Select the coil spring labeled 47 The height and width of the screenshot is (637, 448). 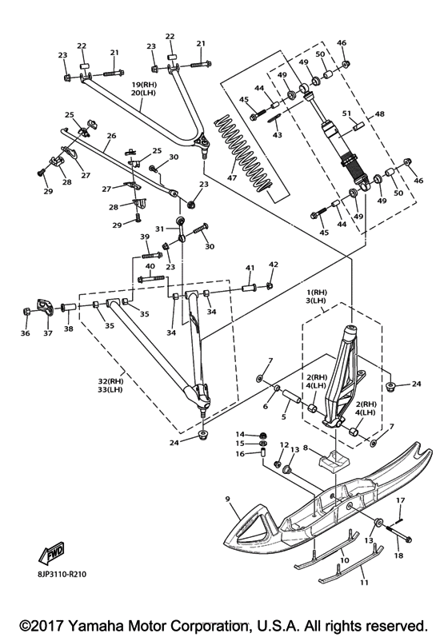242,153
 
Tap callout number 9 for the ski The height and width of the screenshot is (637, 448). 227,499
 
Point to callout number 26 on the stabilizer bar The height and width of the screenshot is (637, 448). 111,136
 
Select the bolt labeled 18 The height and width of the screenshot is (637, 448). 398,534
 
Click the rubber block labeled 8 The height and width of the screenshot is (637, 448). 333,462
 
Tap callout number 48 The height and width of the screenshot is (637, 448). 380,114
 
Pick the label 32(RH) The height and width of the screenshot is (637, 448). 110,381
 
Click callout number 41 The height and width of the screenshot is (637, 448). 250,268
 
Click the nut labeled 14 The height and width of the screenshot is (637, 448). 263,435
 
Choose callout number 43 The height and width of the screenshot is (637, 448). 278,134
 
